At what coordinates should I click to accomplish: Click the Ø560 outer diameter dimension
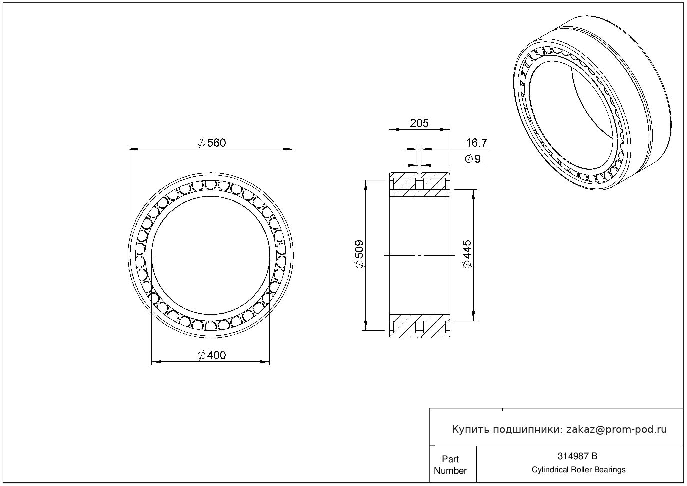pyautogui.click(x=212, y=143)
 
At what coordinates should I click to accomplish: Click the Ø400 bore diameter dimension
pyautogui.click(x=212, y=356)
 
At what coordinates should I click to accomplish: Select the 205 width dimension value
pyautogui.click(x=419, y=123)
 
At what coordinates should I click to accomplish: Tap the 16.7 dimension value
pyautogui.click(x=476, y=143)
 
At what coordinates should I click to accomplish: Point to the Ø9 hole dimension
pyautogui.click(x=473, y=159)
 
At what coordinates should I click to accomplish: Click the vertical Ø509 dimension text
pyautogui.click(x=359, y=254)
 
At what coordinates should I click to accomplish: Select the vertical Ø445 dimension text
pyautogui.click(x=467, y=254)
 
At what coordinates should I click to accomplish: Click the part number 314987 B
pyautogui.click(x=577, y=456)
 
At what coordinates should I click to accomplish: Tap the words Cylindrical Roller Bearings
pyautogui.click(x=578, y=470)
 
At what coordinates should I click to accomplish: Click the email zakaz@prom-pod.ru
pyautogui.click(x=616, y=430)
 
